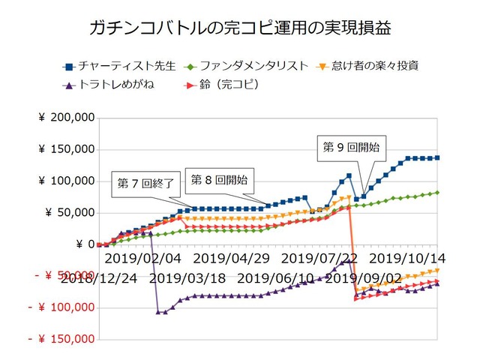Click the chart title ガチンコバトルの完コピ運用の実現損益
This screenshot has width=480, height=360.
tap(240, 28)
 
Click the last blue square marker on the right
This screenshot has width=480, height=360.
tap(438, 157)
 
